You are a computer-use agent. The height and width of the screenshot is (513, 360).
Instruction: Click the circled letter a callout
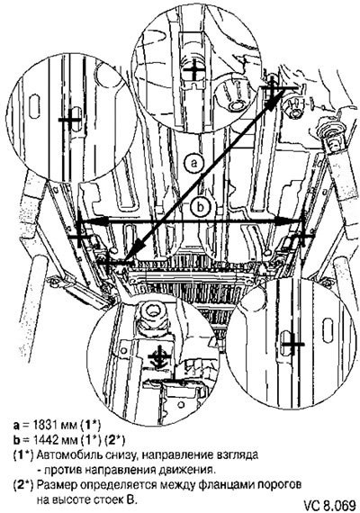pos(194,163)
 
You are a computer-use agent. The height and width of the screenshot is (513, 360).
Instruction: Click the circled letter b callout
pos(201,207)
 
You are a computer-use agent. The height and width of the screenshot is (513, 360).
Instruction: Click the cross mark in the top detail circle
pos(194,69)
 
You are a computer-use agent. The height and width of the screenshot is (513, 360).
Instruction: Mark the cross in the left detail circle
pos(69,120)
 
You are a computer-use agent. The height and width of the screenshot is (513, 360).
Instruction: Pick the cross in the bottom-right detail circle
pos(293,344)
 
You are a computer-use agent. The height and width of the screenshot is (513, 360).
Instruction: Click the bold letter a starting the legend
pos(16,426)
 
